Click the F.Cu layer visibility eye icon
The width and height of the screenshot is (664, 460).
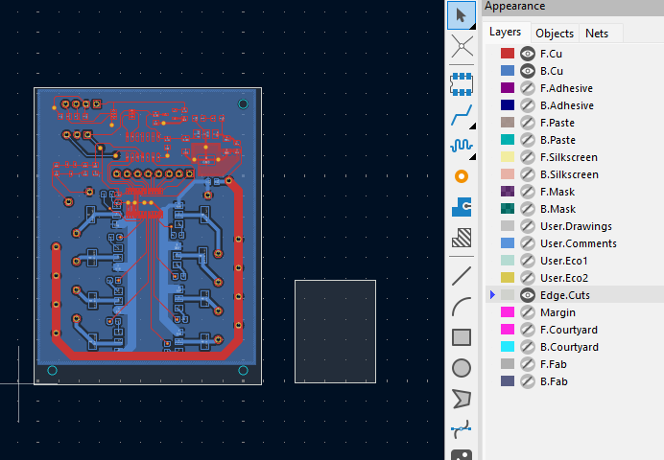click(x=527, y=54)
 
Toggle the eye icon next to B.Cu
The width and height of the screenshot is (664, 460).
click(x=527, y=71)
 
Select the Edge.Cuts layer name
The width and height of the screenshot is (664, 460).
click(x=565, y=295)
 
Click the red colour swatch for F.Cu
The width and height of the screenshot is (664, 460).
click(x=508, y=54)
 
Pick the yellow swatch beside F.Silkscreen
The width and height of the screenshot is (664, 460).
click(x=508, y=157)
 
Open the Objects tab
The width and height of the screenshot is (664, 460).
click(x=555, y=34)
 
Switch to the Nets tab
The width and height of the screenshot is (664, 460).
click(x=597, y=34)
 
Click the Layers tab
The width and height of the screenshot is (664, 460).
click(x=506, y=33)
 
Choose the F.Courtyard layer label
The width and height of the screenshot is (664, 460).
click(x=569, y=330)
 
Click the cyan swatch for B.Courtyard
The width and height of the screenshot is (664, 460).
click(x=508, y=347)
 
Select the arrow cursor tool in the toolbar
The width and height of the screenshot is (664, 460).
click(x=462, y=15)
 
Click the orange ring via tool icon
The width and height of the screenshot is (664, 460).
click(x=462, y=176)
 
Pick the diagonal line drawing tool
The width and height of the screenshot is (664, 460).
click(x=462, y=276)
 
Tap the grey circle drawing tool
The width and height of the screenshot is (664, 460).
click(x=462, y=368)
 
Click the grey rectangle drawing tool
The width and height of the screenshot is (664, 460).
click(x=462, y=337)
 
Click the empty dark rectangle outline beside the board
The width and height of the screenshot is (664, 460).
click(x=296, y=332)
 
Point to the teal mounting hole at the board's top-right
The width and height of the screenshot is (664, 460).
click(x=243, y=104)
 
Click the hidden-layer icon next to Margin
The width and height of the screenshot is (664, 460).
click(x=527, y=312)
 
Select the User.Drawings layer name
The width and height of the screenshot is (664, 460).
click(x=576, y=226)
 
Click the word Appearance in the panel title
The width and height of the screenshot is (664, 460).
click(x=514, y=6)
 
